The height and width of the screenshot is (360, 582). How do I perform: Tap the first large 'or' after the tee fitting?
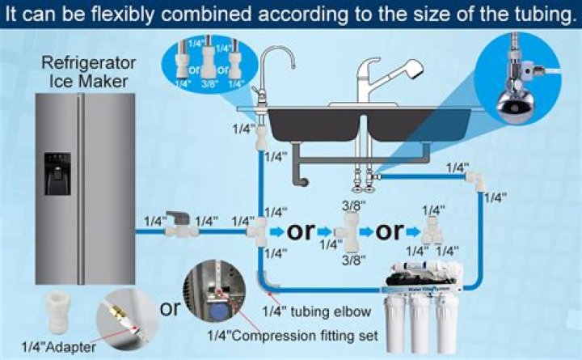coord(301,231)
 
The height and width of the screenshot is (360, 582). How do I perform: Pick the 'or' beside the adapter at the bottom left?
coord(170,309)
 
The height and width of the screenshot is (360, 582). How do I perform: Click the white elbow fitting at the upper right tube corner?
coord(479,180)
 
